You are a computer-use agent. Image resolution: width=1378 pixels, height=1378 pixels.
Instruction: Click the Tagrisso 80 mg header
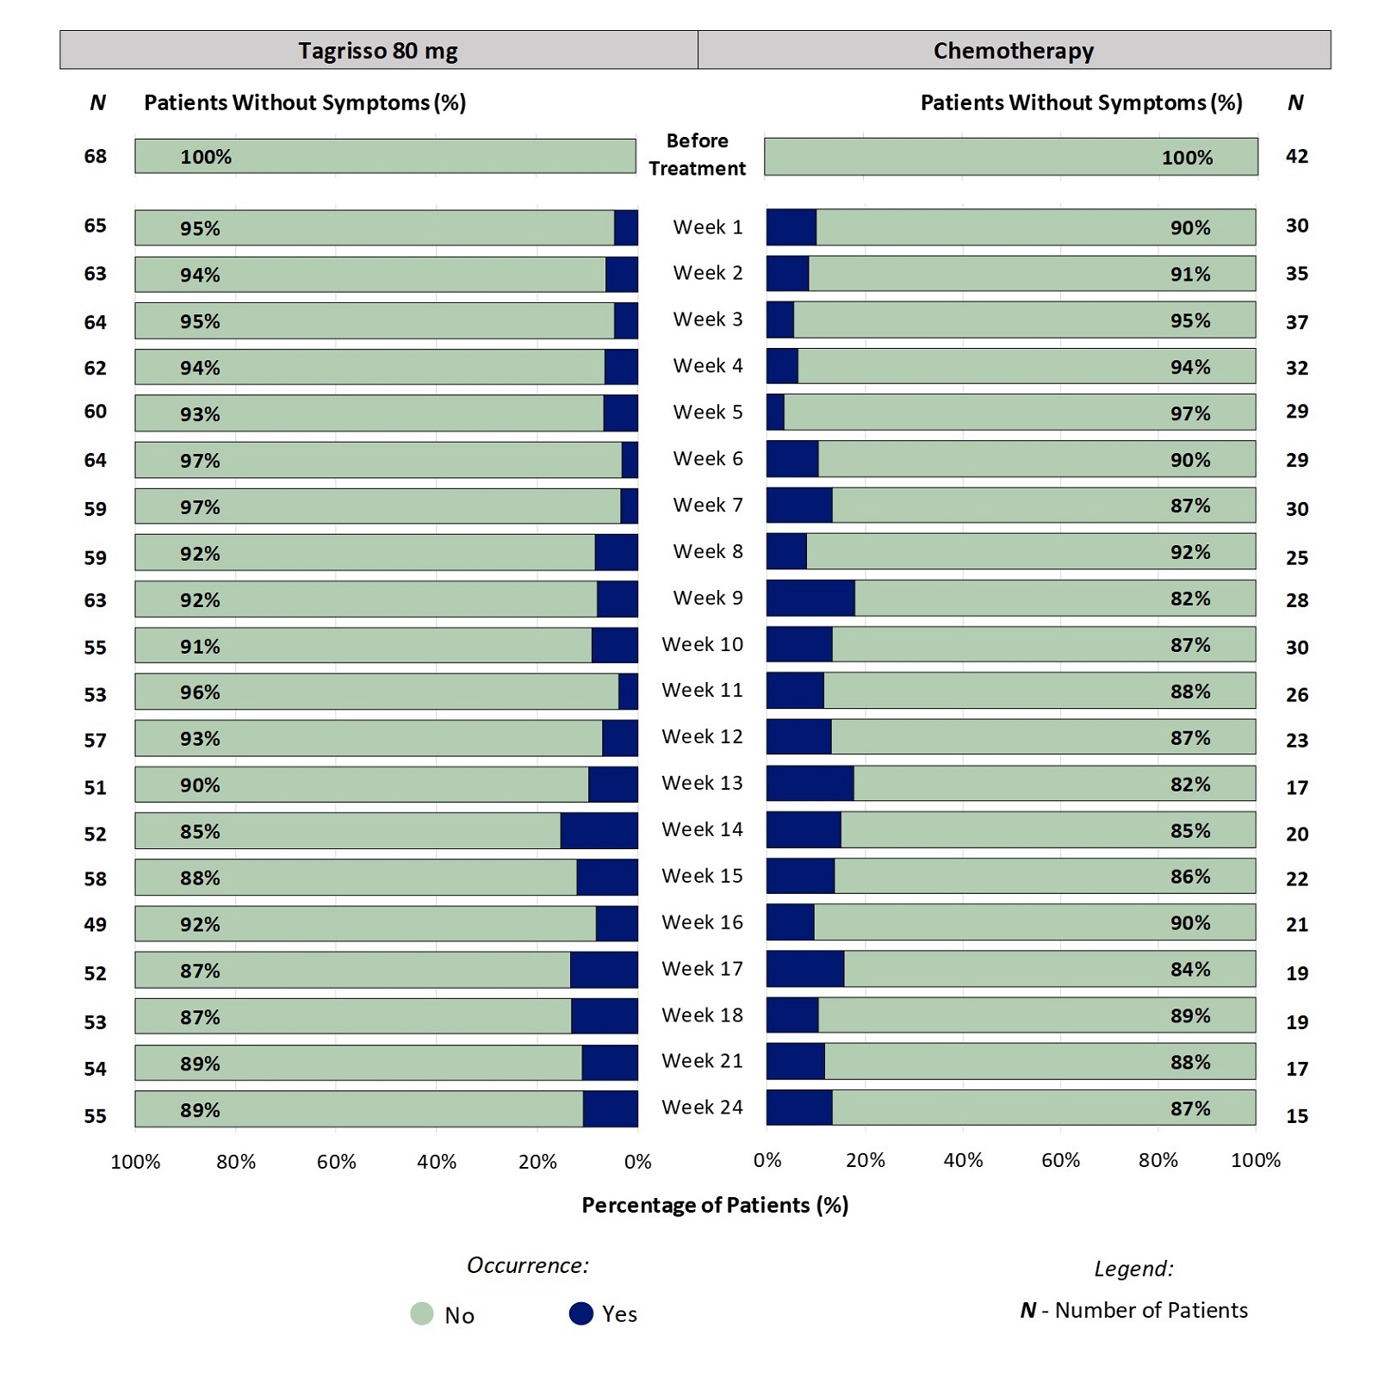point(378,51)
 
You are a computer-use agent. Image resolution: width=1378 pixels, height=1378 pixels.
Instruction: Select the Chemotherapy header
point(1013,51)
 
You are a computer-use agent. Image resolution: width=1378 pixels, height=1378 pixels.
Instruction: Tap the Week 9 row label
point(707,598)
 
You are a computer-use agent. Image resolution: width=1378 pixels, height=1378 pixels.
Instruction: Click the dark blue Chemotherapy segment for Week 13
point(810,784)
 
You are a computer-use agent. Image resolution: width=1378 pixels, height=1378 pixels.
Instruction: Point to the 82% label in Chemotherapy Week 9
point(1189,599)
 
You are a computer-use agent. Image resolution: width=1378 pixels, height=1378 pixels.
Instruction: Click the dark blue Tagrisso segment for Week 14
point(599,831)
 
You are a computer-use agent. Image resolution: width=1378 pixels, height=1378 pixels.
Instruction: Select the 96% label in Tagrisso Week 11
point(200,692)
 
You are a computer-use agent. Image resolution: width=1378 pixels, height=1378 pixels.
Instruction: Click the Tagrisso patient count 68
point(95,157)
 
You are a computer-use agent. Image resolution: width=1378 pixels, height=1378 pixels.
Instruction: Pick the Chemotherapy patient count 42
point(1296,157)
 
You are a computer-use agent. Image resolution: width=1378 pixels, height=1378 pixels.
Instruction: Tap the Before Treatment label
point(697,154)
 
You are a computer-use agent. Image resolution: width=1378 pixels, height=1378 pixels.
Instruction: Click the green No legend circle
point(422,1313)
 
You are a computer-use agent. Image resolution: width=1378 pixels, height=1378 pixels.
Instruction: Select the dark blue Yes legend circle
point(581,1313)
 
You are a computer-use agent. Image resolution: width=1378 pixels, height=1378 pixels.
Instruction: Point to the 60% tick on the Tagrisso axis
point(336,1162)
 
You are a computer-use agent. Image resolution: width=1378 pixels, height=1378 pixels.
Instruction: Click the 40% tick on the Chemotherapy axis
point(962,1160)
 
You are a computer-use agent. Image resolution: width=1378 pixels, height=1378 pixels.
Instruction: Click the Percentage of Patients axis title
point(715,1205)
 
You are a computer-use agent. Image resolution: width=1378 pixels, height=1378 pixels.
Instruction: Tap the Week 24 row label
point(702,1108)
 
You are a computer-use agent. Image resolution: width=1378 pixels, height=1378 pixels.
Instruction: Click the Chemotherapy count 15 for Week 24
point(1296,1116)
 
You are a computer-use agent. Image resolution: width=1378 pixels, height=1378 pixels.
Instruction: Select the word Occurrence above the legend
point(527,1265)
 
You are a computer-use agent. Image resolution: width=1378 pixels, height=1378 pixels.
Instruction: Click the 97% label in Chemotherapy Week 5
point(1189,413)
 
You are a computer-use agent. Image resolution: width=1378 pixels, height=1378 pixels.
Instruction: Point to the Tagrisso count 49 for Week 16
point(95,925)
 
